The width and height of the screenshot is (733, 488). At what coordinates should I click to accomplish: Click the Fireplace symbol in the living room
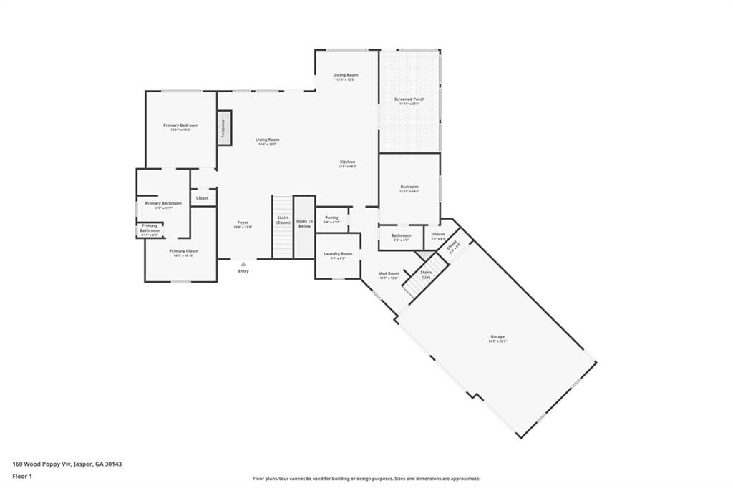[x=224, y=128]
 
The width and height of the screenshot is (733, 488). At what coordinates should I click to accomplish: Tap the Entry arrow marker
[x=243, y=264]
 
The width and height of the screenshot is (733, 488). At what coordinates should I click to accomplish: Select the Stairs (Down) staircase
[x=283, y=228]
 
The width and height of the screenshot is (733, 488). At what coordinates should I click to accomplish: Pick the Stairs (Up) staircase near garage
[x=422, y=279]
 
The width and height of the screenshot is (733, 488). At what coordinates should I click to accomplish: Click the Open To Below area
[x=304, y=225]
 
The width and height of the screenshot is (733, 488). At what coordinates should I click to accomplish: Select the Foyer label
[x=243, y=224]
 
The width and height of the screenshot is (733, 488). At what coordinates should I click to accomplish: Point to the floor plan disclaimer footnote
[x=366, y=479]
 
